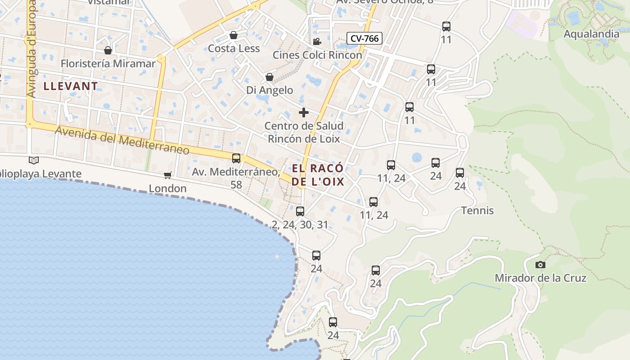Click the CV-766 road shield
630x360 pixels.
pos(364,39)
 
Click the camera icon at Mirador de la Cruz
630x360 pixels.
pos(540,265)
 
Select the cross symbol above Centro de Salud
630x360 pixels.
pos(304,112)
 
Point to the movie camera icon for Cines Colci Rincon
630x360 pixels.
pos(317,42)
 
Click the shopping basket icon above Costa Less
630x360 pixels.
pos(234,35)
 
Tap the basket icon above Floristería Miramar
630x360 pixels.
pos(108,50)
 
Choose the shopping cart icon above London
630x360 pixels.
pos(167,175)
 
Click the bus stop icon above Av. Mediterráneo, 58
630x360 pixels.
pos(236,158)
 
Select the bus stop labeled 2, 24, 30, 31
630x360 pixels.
pos(300,211)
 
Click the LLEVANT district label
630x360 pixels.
pos(71,86)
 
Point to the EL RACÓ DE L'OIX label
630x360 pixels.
pos(318,175)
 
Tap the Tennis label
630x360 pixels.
pos(477,211)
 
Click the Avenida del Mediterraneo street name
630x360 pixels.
pos(122,140)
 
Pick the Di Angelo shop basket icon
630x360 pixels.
pos(269,77)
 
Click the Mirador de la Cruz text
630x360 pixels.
pos(540,278)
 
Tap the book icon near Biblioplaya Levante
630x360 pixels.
pos(34,160)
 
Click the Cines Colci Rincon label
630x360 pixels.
pos(317,55)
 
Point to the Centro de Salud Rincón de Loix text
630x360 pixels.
pos(304,132)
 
